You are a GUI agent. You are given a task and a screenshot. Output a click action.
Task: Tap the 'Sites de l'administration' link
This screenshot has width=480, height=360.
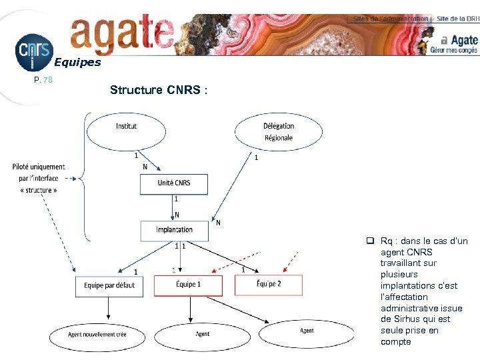[390, 19]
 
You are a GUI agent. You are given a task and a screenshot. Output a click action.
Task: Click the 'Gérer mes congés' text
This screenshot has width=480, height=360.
[454, 49]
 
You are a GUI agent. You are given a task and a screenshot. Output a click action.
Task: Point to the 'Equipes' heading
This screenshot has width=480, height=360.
[77, 63]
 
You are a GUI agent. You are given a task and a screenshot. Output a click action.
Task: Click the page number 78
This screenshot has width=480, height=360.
[47, 80]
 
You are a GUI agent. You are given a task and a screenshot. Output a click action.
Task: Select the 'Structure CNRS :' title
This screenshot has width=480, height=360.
[159, 90]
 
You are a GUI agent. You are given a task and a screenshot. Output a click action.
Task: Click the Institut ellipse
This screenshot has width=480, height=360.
[126, 131]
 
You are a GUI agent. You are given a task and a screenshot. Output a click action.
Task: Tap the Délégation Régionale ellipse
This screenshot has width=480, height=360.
[278, 131]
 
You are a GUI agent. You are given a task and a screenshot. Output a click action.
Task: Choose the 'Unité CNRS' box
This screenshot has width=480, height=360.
[174, 184]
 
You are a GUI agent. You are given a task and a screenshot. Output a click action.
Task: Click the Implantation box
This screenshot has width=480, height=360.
[174, 231]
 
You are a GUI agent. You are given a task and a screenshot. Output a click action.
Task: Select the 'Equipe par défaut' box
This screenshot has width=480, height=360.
[109, 286]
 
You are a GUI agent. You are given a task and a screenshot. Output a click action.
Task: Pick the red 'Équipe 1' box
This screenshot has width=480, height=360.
[189, 285]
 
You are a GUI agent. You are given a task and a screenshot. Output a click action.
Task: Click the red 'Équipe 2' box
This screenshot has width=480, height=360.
[268, 285]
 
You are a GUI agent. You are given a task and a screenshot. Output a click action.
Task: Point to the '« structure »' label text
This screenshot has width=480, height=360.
[39, 190]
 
